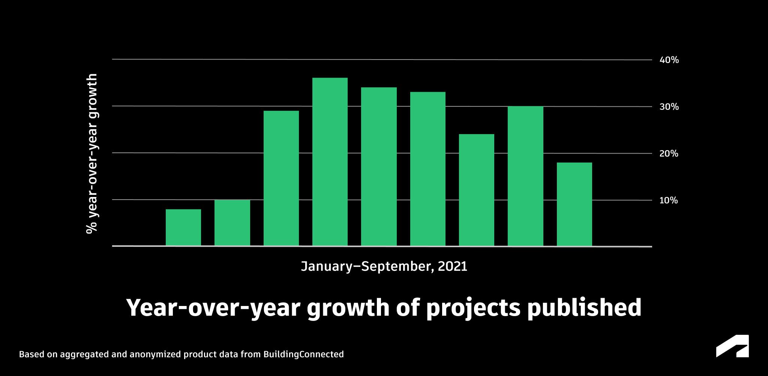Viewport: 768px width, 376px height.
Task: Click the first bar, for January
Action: click(x=183, y=227)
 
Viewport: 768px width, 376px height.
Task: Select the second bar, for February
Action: click(x=232, y=223)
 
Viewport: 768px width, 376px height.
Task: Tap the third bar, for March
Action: click(x=281, y=178)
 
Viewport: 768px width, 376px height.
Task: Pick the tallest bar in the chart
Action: click(x=330, y=162)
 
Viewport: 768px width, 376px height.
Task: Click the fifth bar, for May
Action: click(x=379, y=167)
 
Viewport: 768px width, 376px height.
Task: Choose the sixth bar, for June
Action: click(x=428, y=169)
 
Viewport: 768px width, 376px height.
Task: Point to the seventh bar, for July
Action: click(x=477, y=190)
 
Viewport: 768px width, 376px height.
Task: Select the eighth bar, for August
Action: click(x=525, y=176)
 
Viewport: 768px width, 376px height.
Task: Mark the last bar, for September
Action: click(x=574, y=204)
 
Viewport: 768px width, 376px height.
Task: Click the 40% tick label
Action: click(x=669, y=60)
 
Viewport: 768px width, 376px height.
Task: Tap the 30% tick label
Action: click(x=669, y=107)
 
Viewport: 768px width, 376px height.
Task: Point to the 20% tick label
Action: click(x=669, y=154)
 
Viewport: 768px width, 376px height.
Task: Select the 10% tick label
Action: click(x=669, y=200)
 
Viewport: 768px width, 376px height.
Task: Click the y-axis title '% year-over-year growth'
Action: click(x=92, y=154)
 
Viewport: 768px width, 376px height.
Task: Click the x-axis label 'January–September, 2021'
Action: click(x=384, y=266)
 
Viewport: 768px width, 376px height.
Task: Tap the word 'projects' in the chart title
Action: click(x=473, y=308)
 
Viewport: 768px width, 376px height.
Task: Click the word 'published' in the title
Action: click(x=584, y=308)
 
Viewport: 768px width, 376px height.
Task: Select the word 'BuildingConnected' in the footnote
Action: click(x=303, y=354)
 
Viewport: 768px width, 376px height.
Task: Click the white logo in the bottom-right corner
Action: click(x=732, y=346)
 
